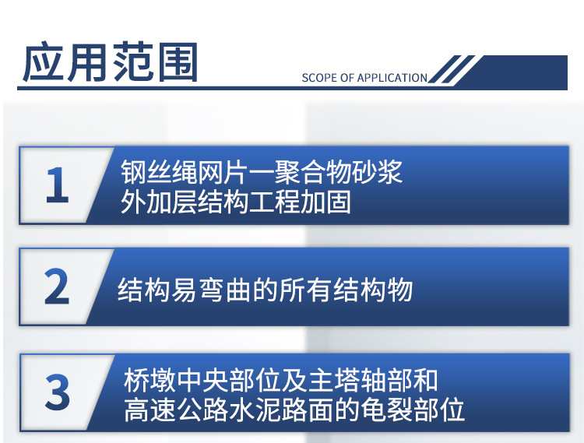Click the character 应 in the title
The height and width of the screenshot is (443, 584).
pos(43,62)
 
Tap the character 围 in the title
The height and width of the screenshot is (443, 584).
pos(178,62)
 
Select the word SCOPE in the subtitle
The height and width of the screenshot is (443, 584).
pos(315,78)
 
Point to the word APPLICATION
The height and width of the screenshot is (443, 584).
pos(392,78)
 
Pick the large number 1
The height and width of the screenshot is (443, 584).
pos(57,185)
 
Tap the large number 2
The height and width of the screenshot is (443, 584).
pos(57,287)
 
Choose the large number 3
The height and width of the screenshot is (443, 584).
pos(58,392)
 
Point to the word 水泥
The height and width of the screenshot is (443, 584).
pos(256,410)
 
